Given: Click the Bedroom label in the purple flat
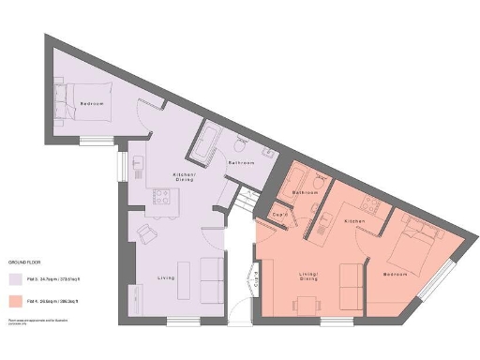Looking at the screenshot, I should tap(91, 103).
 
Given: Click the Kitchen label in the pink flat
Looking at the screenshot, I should tap(354, 220).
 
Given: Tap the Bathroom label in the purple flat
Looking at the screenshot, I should tap(243, 162).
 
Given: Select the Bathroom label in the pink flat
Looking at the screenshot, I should tap(307, 192).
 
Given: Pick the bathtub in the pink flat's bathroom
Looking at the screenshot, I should tap(304, 177).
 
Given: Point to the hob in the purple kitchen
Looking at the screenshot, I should tap(158, 197).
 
